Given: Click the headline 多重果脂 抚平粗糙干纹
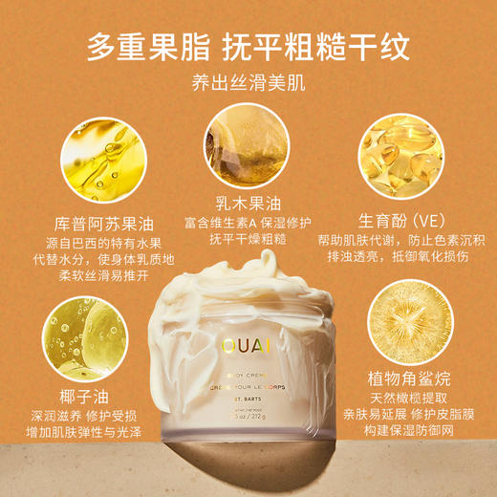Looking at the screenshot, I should [248, 46].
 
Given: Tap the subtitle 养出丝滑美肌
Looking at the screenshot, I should [248, 84].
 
